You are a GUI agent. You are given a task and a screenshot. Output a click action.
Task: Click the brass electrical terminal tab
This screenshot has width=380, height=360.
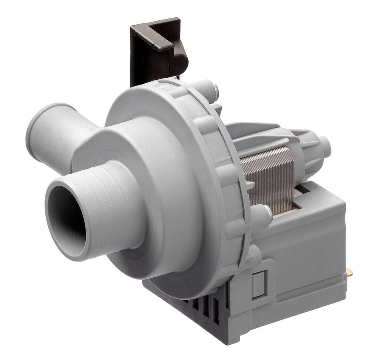coord(349,273)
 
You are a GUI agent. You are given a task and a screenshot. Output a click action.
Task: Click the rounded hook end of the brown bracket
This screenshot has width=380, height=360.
coord(179,60)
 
